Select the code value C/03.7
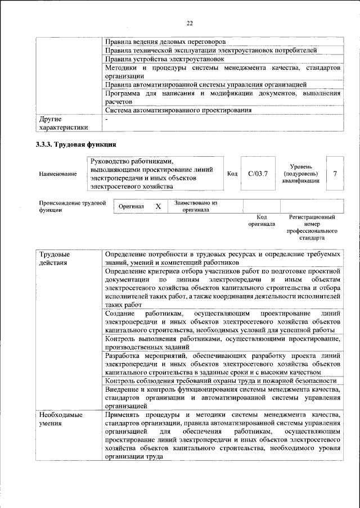[x=258, y=173]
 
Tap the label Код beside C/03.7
[x=232, y=174]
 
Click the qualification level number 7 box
[x=335, y=173]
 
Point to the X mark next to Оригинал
[x=159, y=206]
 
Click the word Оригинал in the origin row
[x=131, y=206]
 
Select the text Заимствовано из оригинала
[x=196, y=206]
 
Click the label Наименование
[x=58, y=174]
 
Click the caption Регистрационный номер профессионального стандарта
[x=312, y=227]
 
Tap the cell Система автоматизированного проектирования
[x=178, y=110]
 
